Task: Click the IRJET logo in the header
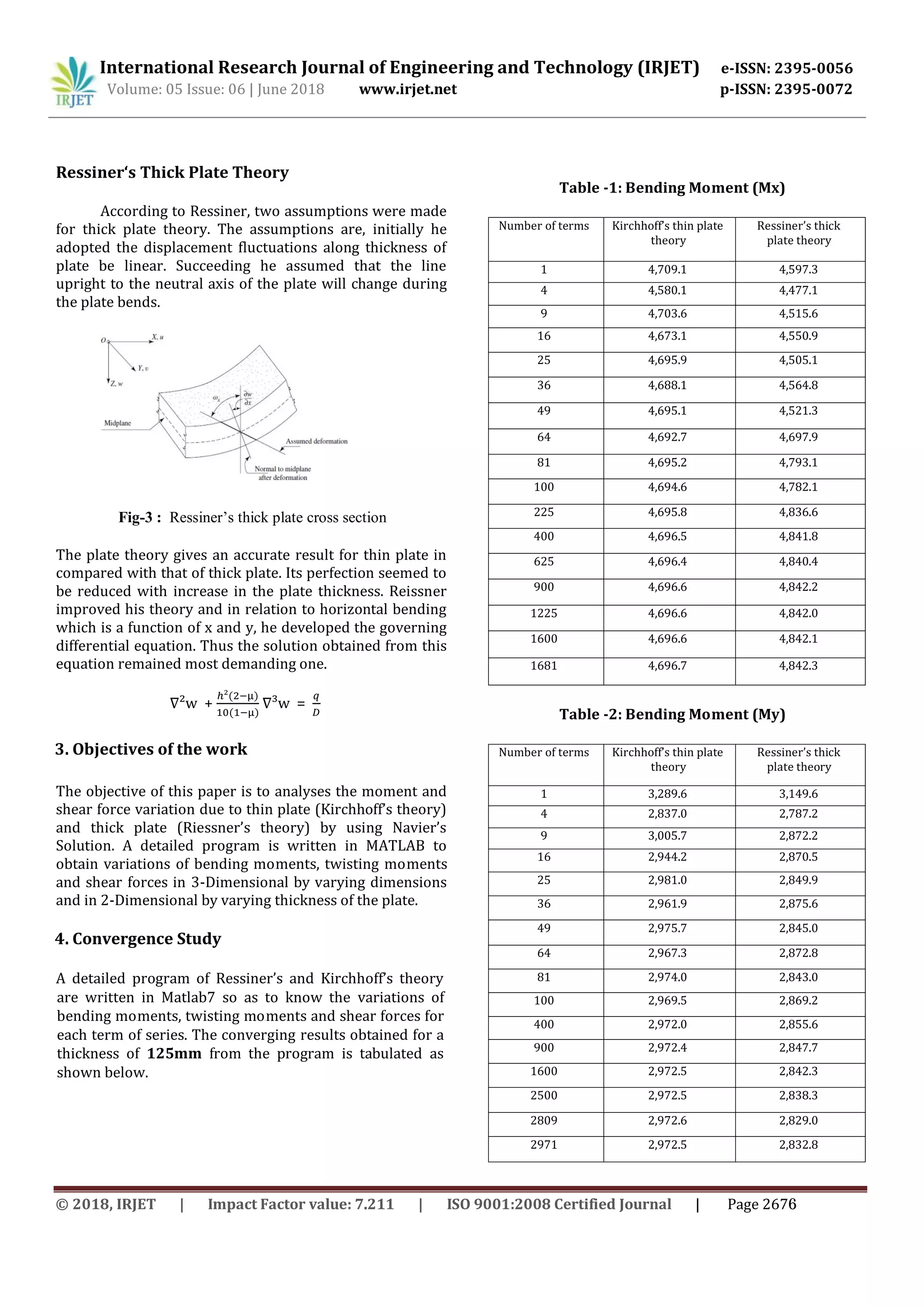click(x=73, y=83)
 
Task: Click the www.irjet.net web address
click(x=407, y=89)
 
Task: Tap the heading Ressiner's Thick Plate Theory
click(x=172, y=172)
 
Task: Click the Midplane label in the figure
click(x=117, y=423)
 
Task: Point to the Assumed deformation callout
click(x=316, y=441)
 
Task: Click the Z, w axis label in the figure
click(x=116, y=384)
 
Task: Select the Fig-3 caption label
click(x=139, y=518)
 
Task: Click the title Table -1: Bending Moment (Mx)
click(x=672, y=188)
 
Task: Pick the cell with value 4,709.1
click(x=667, y=270)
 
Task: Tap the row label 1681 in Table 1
click(x=544, y=666)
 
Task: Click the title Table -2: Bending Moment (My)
click(x=672, y=714)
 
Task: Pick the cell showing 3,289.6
click(x=667, y=794)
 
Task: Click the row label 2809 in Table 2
click(x=544, y=1121)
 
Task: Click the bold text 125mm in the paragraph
click(x=174, y=1054)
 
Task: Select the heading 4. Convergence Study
click(x=138, y=938)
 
